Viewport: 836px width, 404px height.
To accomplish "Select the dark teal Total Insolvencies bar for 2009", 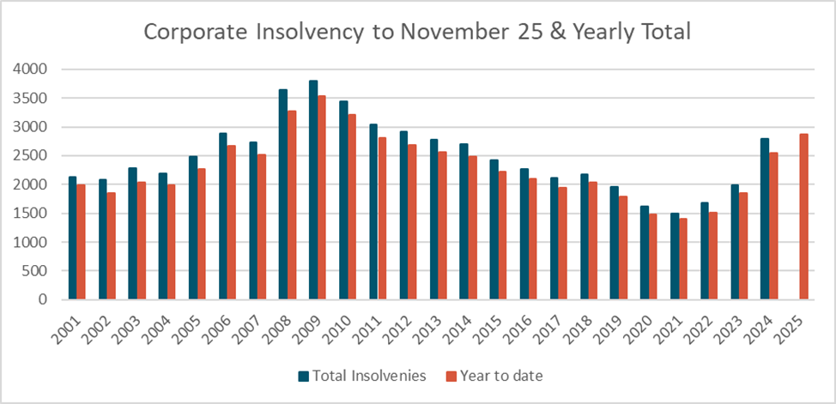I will click(x=313, y=190).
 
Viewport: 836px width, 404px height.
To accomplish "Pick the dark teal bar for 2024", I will click(x=764, y=219).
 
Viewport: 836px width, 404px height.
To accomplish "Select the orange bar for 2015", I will click(x=503, y=235).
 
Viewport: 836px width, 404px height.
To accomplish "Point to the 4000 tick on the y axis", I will click(x=30, y=69).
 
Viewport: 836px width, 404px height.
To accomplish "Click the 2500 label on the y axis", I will click(x=30, y=155).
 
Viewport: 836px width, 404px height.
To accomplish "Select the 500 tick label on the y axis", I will click(x=34, y=271).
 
